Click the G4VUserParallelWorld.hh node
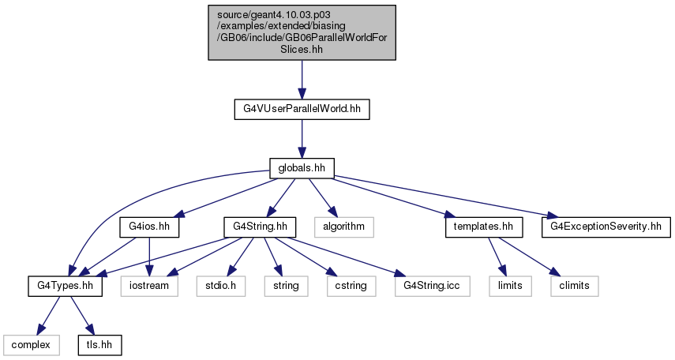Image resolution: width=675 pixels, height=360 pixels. [302, 109]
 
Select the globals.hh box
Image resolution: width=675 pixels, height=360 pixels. [302, 168]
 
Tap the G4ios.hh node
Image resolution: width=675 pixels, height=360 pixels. [149, 227]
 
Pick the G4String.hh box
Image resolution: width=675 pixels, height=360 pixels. [260, 227]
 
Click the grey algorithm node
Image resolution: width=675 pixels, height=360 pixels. [344, 227]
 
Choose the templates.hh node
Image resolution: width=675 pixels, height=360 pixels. [484, 227]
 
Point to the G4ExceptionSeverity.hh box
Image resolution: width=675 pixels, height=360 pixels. [606, 227]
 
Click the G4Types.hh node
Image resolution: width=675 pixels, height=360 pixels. [65, 286]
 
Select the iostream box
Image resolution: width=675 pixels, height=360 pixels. [149, 286]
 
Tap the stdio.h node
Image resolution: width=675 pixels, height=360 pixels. [221, 286]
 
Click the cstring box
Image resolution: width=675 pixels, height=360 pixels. [351, 286]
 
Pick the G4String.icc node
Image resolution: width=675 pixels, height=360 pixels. [432, 286]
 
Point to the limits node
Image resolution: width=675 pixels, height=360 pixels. [510, 286]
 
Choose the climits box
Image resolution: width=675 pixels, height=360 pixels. [574, 286]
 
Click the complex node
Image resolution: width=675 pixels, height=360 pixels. [31, 345]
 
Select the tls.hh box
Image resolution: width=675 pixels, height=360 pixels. [99, 345]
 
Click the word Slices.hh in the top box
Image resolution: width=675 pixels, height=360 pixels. [302, 49]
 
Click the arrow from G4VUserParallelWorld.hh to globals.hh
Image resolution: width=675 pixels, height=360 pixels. [302, 139]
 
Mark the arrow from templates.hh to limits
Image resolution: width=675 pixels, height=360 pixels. [497, 257]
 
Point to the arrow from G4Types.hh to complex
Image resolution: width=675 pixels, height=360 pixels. [48, 316]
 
